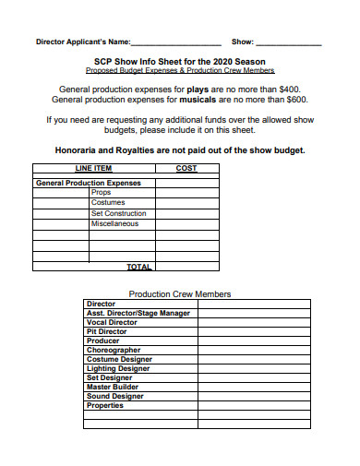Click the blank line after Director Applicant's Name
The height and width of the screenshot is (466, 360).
[x=176, y=43]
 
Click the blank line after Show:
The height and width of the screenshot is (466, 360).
[x=288, y=43]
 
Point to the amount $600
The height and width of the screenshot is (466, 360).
[x=296, y=100]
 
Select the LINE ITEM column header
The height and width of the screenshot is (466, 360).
[x=93, y=169]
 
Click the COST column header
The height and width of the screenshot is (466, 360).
[x=186, y=169]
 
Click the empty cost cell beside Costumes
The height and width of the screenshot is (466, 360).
[x=186, y=203]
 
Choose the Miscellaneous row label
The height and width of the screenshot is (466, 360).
[x=114, y=223]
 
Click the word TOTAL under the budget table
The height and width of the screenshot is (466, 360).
[x=138, y=267]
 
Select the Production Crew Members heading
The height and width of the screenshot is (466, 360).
[x=180, y=293]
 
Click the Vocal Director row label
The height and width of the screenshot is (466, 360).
[x=111, y=322]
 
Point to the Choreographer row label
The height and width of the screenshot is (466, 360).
[x=114, y=350]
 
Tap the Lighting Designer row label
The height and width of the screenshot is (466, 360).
[x=118, y=368]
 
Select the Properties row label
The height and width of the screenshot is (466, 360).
[x=104, y=405]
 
